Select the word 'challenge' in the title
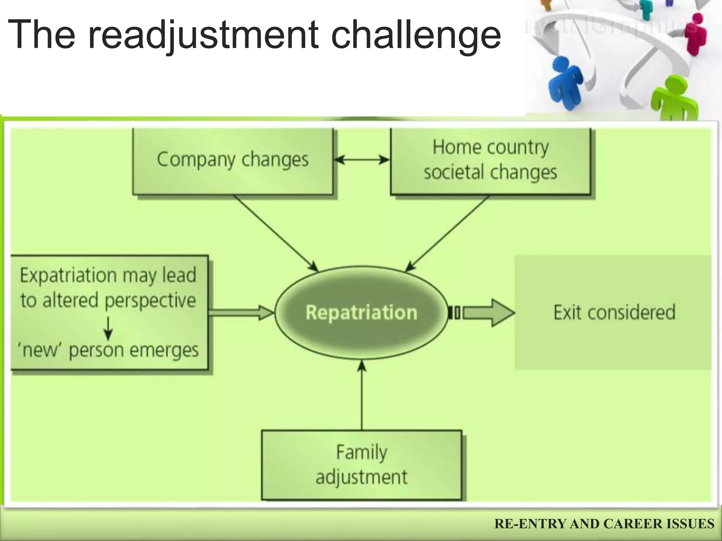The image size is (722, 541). point(416,35)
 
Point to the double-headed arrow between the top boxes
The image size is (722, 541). point(362,160)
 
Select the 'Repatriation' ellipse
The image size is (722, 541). point(361,312)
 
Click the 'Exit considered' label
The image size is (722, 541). point(614,312)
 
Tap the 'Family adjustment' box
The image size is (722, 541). point(361,465)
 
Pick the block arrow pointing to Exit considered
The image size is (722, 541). point(488,312)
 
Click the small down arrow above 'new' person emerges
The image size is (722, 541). point(109,328)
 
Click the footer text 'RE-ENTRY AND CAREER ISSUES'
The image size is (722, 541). point(604,524)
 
